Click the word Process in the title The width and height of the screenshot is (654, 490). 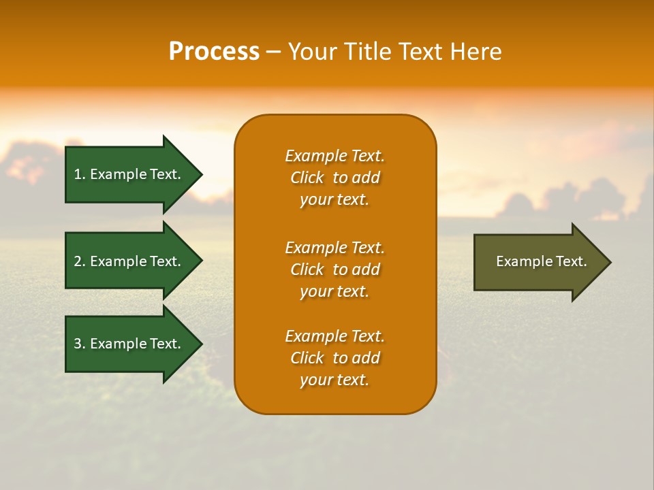tap(214, 52)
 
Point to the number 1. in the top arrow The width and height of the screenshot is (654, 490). tap(80, 174)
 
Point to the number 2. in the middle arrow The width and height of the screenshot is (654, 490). tap(80, 261)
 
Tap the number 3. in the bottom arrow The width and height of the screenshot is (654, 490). tap(80, 344)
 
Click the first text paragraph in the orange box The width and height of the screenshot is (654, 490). tap(334, 178)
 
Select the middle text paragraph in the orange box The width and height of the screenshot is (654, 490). tap(334, 269)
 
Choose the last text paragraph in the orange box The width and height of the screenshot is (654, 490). tap(334, 358)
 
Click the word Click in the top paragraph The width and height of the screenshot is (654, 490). tap(307, 178)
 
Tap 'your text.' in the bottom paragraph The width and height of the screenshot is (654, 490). tap(334, 380)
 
